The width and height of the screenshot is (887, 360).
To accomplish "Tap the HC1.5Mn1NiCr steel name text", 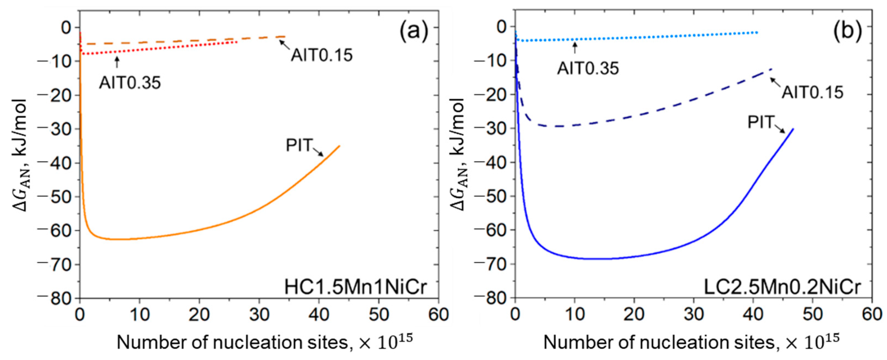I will point(356,287).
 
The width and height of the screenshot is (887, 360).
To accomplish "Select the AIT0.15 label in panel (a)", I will point(322,55).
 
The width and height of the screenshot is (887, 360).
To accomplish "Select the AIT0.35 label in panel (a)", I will point(130,83).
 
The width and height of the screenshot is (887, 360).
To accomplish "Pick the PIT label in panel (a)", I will point(299,145).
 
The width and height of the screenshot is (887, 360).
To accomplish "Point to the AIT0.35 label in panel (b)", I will point(588,68).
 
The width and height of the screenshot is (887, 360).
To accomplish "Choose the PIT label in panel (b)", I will point(760,122).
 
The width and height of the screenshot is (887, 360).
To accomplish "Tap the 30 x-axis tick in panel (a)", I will point(259,314).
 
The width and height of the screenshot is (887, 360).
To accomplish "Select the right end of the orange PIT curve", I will point(340,146).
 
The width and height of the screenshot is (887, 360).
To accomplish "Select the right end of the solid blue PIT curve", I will point(793,129).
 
